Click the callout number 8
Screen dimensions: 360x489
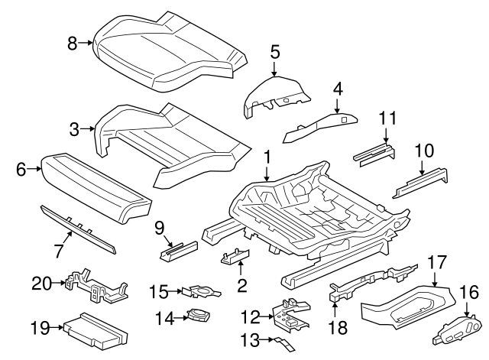click(x=73, y=44)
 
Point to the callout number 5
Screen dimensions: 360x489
click(x=275, y=52)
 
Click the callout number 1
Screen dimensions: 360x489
click(x=267, y=156)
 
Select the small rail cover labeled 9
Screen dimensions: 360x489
click(x=177, y=248)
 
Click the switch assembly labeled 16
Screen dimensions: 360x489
click(x=457, y=329)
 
